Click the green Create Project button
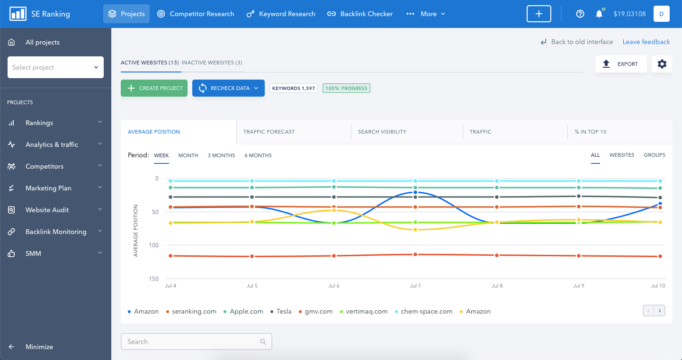pos(154,88)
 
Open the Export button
pos(621,64)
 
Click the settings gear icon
pos(662,64)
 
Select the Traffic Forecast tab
pos(269,132)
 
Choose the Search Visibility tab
pos(382,132)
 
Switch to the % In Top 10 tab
pos(590,132)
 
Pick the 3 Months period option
pos(221,155)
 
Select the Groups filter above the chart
pos(655,155)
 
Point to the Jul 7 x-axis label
pos(415,286)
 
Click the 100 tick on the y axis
pos(154,245)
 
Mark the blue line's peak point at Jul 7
pos(415,192)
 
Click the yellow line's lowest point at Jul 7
pos(415,229)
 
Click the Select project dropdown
pos(55,67)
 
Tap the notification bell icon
pos(599,14)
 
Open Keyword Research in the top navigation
pos(281,14)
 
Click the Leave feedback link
pos(646,42)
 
